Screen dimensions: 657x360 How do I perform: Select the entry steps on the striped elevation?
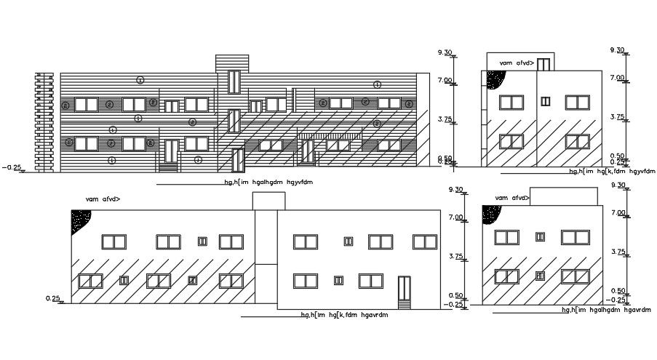point(168,167)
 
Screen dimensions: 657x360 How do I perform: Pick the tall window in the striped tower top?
point(234,81)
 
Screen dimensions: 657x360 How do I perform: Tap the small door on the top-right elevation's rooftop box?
point(543,63)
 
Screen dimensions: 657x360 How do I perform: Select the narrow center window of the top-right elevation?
point(546,100)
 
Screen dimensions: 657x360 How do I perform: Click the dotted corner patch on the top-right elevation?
point(498,79)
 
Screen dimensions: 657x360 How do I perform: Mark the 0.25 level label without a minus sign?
point(52,298)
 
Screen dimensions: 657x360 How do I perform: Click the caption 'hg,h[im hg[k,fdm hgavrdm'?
point(345,316)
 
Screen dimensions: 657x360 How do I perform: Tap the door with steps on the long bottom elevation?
point(405,291)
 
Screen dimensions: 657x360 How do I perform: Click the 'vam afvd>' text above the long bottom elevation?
point(103,199)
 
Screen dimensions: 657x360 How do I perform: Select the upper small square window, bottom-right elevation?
point(540,236)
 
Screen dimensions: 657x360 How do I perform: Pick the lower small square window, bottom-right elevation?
point(540,276)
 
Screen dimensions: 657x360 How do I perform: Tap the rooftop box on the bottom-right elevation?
point(565,196)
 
